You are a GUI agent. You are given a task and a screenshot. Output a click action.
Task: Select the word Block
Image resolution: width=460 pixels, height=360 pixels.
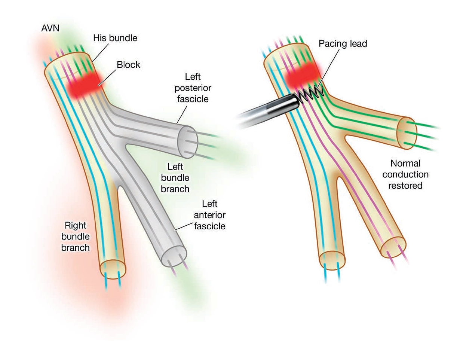click(x=128, y=65)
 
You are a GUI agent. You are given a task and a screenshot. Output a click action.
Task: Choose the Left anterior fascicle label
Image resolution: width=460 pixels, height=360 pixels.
click(x=209, y=215)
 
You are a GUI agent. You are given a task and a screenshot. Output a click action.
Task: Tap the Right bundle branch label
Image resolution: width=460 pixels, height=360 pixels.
click(x=76, y=237)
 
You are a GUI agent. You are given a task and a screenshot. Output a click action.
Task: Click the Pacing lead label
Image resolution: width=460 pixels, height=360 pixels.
click(x=343, y=43)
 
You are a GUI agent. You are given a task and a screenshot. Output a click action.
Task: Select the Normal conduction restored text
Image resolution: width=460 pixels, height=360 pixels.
click(x=405, y=174)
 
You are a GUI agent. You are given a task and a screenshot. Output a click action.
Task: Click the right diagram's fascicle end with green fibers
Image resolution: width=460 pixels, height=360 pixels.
click(x=408, y=134)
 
